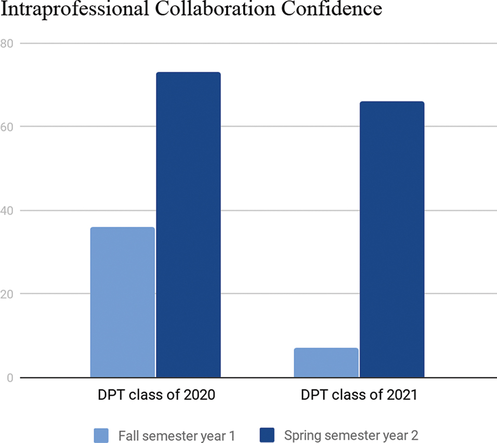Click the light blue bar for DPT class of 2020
(122, 302)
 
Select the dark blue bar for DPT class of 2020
(188, 225)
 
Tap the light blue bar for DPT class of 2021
(326, 362)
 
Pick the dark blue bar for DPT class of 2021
(392, 239)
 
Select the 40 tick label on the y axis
(7, 211)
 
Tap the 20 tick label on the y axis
(7, 294)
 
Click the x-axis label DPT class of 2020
(156, 395)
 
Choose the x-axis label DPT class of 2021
(359, 395)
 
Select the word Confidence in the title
(322, 9)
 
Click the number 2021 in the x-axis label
(402, 395)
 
